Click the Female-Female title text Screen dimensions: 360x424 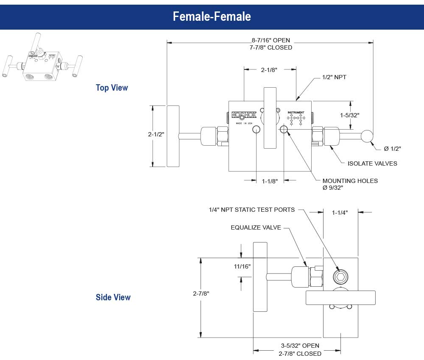point(212,17)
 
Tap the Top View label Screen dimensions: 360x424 point(112,88)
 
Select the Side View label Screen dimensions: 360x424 point(113,297)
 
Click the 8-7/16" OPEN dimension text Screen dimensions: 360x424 point(271,41)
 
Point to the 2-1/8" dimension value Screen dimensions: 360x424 point(269,70)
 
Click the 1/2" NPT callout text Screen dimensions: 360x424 point(335,78)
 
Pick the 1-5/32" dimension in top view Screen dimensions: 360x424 point(350,115)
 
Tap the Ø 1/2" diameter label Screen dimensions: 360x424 point(392,148)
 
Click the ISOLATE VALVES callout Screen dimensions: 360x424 point(372,163)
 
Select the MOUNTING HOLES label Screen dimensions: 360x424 point(350,181)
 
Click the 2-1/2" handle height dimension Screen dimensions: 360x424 point(156,134)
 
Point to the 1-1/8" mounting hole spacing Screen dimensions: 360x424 point(270,181)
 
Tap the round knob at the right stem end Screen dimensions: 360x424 point(367,136)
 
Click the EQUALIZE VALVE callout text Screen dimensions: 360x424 point(256,227)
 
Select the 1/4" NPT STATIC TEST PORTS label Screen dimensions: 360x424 point(251,210)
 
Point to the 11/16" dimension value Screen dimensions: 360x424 point(243,266)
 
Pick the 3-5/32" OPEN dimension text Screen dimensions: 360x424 point(300,346)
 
